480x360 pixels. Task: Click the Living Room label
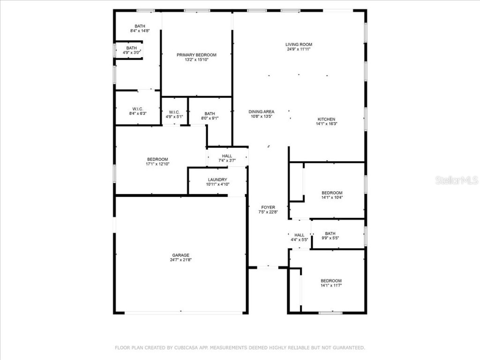[299, 45]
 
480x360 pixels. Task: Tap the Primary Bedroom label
[196, 55]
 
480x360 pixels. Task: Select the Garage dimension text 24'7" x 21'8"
[180, 260]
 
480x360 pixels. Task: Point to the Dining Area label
[261, 112]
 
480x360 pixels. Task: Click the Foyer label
[268, 207]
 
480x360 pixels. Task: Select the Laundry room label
[217, 180]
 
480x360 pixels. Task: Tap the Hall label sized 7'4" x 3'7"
[227, 156]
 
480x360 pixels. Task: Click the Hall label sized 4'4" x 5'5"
[299, 235]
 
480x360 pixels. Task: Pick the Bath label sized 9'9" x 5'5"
[330, 233]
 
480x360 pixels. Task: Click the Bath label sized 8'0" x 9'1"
[210, 113]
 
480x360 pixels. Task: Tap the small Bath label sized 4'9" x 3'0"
[131, 48]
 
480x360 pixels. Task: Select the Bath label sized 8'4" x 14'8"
[140, 26]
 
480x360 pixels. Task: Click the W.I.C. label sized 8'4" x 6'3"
[137, 109]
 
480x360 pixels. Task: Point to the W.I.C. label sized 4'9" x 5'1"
[174, 112]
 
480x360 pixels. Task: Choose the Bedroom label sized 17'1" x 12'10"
[157, 159]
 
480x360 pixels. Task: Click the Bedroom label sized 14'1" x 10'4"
[331, 193]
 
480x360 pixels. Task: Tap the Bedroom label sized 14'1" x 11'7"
[331, 280]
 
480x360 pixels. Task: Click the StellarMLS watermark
[456, 180]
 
